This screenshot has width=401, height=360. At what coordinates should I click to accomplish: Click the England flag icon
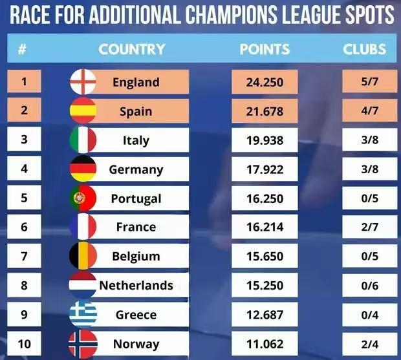(x=83, y=82)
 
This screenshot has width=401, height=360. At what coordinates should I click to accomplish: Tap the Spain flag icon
(x=83, y=111)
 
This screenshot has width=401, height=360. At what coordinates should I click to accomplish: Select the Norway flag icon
(x=83, y=344)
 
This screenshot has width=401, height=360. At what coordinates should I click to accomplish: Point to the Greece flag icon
(x=83, y=315)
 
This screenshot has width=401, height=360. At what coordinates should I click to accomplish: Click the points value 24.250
(x=265, y=82)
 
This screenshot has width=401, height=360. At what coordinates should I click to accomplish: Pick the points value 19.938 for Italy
(x=265, y=140)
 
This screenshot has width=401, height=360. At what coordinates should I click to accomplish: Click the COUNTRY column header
(x=132, y=49)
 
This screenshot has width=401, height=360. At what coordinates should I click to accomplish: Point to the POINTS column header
(x=265, y=49)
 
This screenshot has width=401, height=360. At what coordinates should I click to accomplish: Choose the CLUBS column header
(x=364, y=49)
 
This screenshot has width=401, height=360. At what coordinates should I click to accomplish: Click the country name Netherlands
(x=136, y=285)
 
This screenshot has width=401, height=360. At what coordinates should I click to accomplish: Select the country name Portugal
(x=136, y=198)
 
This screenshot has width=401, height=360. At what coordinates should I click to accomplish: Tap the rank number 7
(x=25, y=256)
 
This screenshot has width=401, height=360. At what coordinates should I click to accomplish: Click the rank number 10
(x=25, y=344)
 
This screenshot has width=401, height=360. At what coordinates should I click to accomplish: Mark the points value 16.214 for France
(x=265, y=227)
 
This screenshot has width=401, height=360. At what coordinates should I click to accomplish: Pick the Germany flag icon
(x=83, y=169)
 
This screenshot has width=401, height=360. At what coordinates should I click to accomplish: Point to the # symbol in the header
(x=23, y=49)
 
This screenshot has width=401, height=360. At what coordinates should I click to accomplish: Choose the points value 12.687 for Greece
(x=265, y=315)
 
